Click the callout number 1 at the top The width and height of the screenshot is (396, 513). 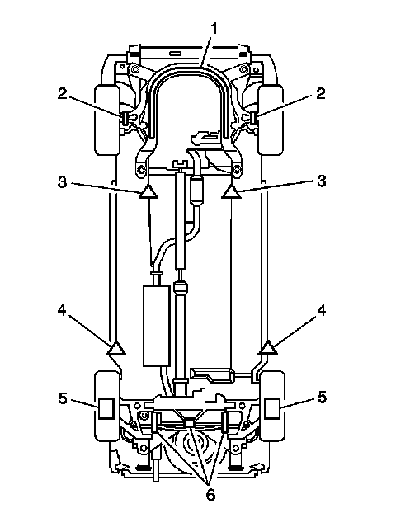214,29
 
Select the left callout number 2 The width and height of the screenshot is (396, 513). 62,94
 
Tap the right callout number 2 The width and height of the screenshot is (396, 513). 321,93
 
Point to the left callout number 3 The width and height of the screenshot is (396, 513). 62,181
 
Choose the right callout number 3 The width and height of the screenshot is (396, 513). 322,181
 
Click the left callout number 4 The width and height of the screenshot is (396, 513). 62,310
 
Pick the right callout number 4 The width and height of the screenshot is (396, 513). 322,310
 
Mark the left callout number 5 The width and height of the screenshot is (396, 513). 63,398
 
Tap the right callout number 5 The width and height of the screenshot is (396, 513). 323,398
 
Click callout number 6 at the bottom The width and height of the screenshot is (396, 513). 210,494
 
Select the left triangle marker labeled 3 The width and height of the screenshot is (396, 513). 148,191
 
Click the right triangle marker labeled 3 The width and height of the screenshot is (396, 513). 231,191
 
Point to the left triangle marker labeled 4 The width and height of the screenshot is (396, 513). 115,349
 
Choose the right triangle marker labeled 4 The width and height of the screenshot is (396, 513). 268,348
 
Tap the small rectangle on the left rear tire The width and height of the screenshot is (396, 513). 106,408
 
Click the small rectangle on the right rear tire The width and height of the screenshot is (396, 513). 272,408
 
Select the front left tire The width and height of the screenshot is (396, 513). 107,120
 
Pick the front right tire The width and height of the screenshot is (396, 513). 271,120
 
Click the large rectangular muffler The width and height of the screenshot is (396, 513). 157,326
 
